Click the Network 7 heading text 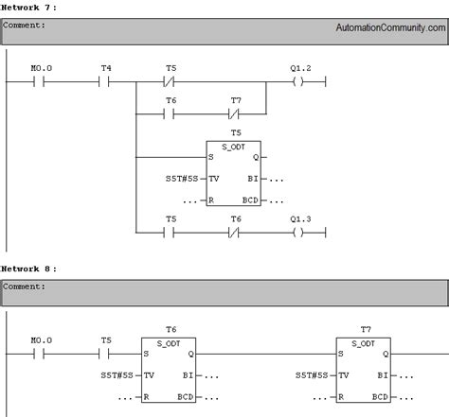28,7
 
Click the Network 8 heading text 28,269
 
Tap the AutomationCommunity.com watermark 389,27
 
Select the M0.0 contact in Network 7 39,82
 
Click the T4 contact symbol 105,82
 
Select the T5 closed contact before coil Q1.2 171,82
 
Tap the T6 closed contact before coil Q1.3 237,231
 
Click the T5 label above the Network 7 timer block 237,133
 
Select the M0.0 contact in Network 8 39,354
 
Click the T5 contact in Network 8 105,354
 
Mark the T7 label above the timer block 366,329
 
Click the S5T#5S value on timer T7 313,375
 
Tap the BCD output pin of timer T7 381,397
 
